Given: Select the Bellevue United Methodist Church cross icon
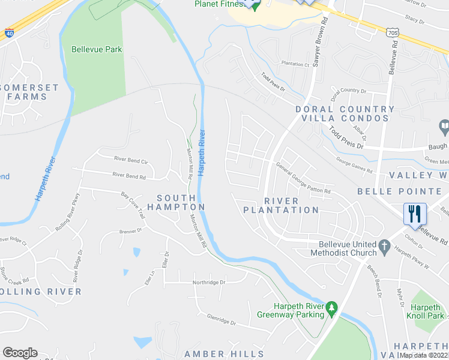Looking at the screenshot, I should pos(384,245).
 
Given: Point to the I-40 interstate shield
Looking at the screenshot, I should pos(9,34).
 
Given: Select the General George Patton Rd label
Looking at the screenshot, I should pos(303,178).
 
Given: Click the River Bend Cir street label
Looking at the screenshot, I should pos(131,160).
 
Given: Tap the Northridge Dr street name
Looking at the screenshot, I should pos(208,282).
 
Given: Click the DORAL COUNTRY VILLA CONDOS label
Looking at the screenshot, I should pos(345,114).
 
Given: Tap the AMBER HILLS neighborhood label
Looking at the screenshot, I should pos(224,354).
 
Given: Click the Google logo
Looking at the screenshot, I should pos(20,353).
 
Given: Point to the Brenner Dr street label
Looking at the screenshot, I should pos(130,230).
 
